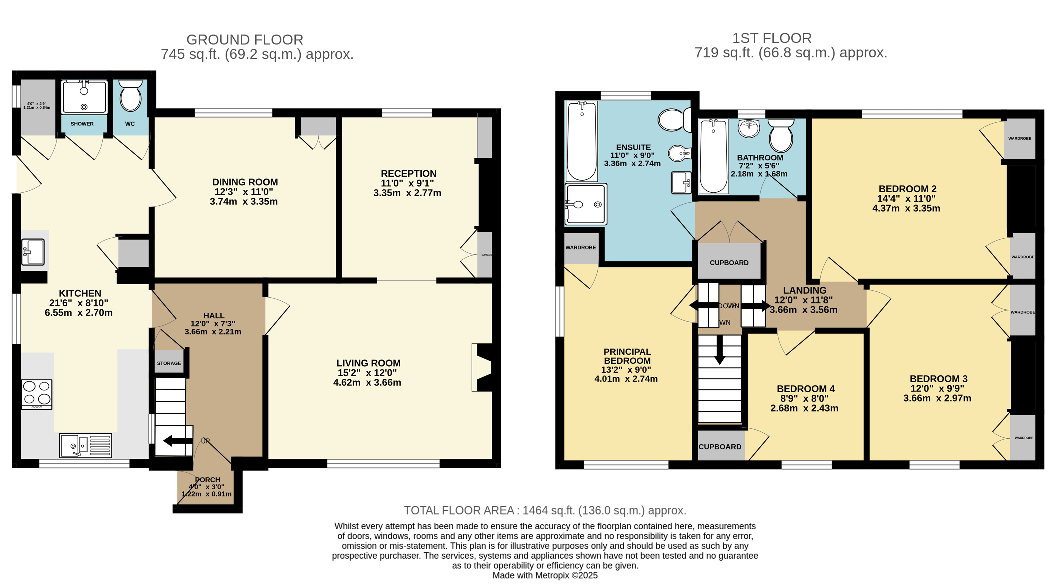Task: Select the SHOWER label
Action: [x=82, y=124]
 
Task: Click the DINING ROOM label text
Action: [x=245, y=182]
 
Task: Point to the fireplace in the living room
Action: [x=481, y=367]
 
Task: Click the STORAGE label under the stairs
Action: [x=169, y=363]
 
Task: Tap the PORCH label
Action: [x=208, y=480]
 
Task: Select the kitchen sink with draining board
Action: [x=86, y=445]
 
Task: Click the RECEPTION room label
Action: [x=408, y=174]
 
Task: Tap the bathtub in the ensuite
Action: [x=582, y=141]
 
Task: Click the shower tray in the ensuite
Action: [x=586, y=204]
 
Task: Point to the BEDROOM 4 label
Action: [x=805, y=389]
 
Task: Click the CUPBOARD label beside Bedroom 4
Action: [x=720, y=447]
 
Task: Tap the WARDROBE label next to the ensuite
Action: [x=581, y=248]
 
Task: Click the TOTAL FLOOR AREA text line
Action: [x=545, y=510]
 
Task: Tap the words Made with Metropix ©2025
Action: [x=545, y=575]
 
